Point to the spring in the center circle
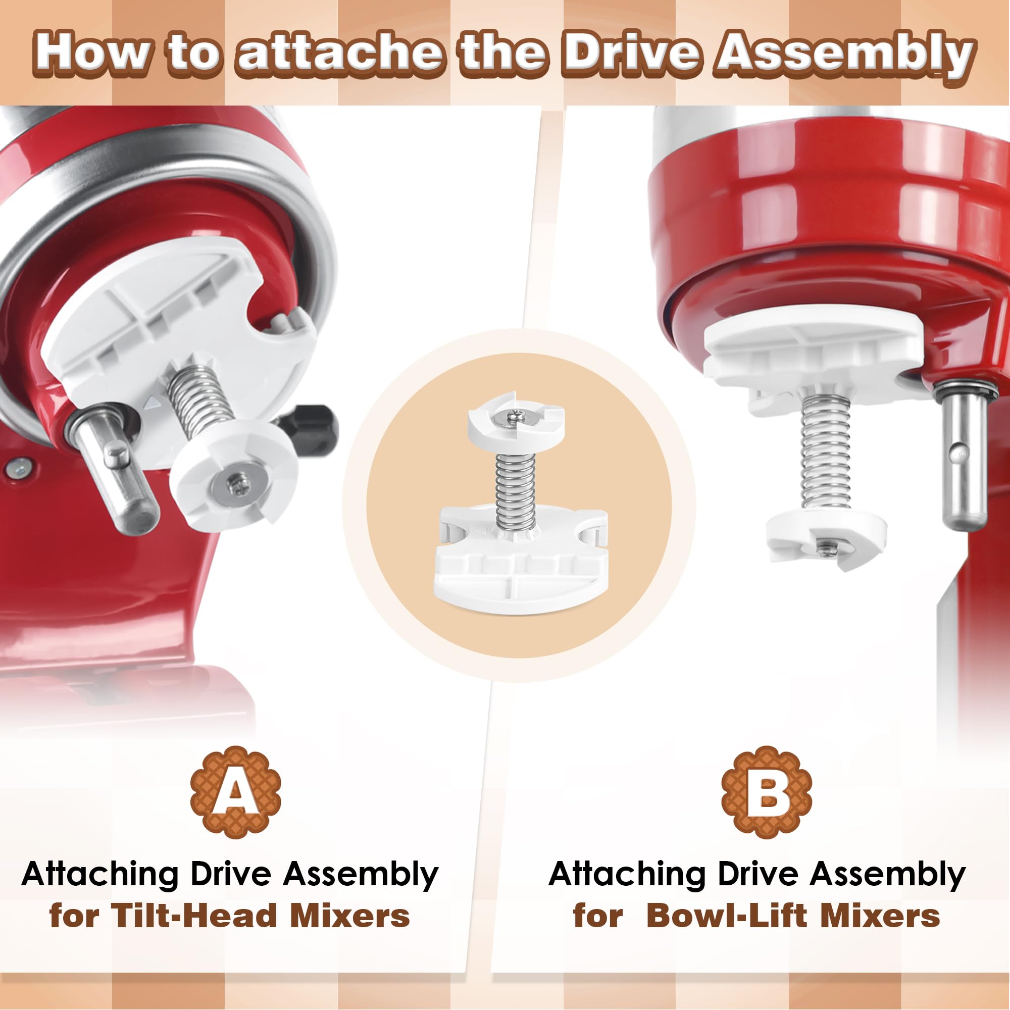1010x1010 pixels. pos(516,491)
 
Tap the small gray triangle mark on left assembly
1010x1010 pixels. pos(151,402)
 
